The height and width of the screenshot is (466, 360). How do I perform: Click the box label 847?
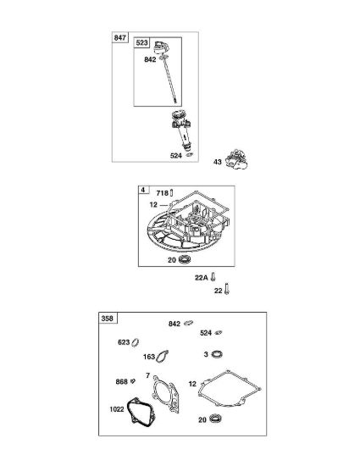pos(119,38)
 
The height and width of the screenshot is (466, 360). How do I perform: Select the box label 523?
pos(141,42)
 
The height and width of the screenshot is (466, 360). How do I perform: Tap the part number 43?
pos(218,162)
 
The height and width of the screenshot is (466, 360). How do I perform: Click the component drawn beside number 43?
pos(236,159)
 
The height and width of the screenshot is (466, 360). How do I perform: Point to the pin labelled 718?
pos(172,193)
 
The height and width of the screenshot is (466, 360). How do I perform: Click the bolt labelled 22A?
pos(213,277)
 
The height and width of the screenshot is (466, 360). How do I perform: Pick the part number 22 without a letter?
pos(218,291)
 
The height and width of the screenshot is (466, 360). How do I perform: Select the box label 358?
pos(108,319)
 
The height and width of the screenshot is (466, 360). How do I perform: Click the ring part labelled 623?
pos(136,342)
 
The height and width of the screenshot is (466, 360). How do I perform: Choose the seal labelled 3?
pos(217,354)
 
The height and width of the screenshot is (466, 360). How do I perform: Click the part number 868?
pos(121,381)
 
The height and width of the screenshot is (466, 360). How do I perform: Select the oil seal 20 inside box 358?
pos(215,419)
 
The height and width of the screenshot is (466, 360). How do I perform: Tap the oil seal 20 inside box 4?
pos(185,260)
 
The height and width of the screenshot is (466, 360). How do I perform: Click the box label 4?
pos(143,190)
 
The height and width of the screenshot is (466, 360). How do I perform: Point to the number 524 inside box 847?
pos(176,155)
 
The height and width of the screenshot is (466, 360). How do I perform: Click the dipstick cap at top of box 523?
pos(161,47)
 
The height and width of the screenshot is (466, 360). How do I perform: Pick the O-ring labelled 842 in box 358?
pos(188,323)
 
